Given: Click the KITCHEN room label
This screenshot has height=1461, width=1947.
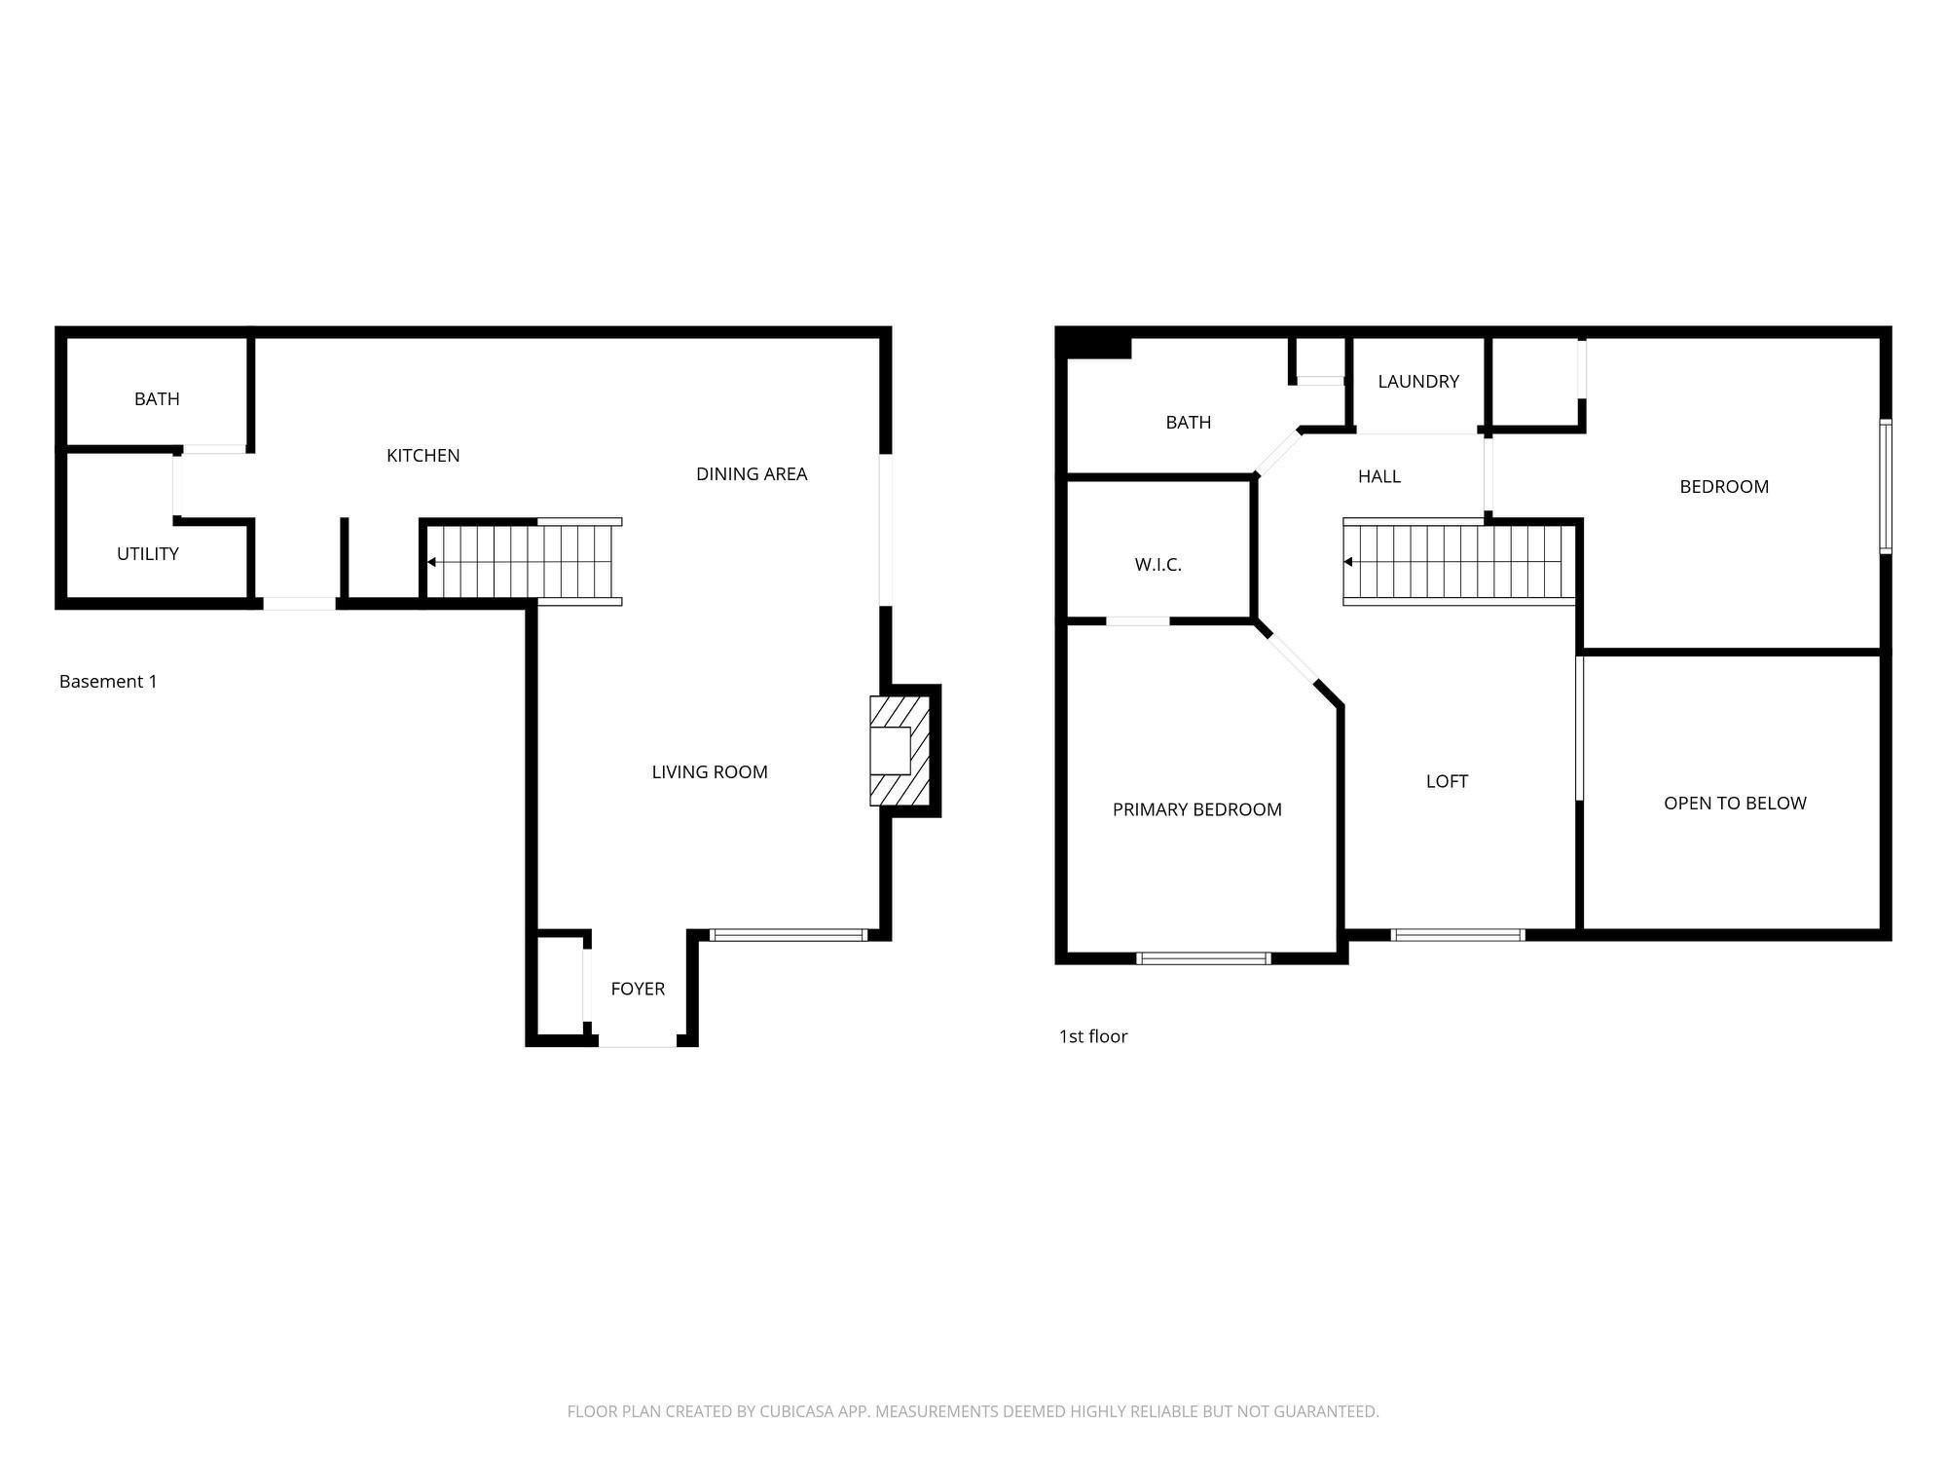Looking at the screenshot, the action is point(422,455).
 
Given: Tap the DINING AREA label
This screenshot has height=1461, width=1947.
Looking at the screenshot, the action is point(752,474).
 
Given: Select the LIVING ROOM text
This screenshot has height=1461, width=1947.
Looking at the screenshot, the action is point(710,772).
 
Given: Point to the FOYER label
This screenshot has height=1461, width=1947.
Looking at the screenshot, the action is point(638,989).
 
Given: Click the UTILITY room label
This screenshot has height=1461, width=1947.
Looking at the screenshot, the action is point(148,554).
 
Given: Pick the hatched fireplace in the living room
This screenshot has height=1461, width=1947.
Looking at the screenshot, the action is point(900,751).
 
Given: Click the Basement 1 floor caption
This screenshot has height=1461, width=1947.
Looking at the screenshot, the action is point(108,682).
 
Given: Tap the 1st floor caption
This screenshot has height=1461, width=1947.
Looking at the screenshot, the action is point(1093,1036).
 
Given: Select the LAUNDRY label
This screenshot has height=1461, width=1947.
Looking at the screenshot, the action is point(1418,382).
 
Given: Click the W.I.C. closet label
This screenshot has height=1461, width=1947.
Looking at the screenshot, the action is point(1157,565).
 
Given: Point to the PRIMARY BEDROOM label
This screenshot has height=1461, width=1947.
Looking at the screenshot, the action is point(1197,809).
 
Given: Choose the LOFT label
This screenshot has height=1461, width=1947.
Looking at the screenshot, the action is point(1447,781).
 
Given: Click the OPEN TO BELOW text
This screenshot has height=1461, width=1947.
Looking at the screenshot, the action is point(1735,804).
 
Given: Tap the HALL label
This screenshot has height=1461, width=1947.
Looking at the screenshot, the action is point(1379,476).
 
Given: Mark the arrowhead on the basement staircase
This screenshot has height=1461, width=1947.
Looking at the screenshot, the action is point(431,562).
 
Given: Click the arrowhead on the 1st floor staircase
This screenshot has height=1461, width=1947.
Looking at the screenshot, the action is point(1348,562).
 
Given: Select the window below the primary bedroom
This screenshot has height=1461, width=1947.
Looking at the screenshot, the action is point(1203,958).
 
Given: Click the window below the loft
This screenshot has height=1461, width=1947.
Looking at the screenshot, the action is point(1457,935).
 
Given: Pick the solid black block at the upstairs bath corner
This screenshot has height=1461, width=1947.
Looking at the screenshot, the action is point(1094,343).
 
